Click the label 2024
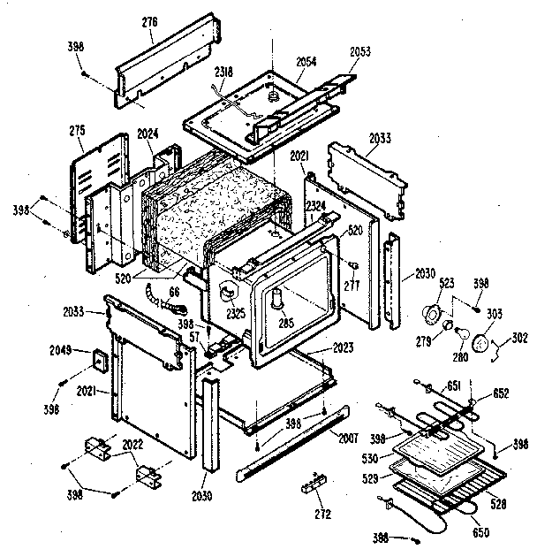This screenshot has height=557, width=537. point(148,134)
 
